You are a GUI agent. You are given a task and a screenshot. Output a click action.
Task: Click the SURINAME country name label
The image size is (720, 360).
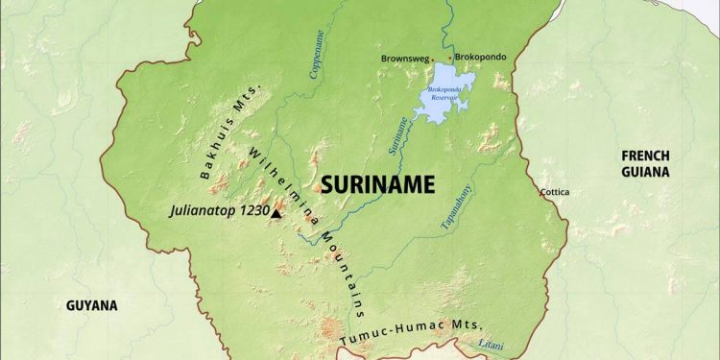(x=378, y=184)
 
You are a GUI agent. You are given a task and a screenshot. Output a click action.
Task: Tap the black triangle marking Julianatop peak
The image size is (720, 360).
(x=276, y=213)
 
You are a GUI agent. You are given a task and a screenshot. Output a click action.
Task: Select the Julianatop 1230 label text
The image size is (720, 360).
(x=218, y=209)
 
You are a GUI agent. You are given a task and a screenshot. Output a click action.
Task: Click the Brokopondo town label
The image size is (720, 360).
(x=483, y=58)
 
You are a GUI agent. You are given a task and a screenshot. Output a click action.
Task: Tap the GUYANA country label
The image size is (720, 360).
(x=91, y=306)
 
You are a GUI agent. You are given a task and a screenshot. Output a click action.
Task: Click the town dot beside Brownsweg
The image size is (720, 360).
(x=434, y=59)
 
